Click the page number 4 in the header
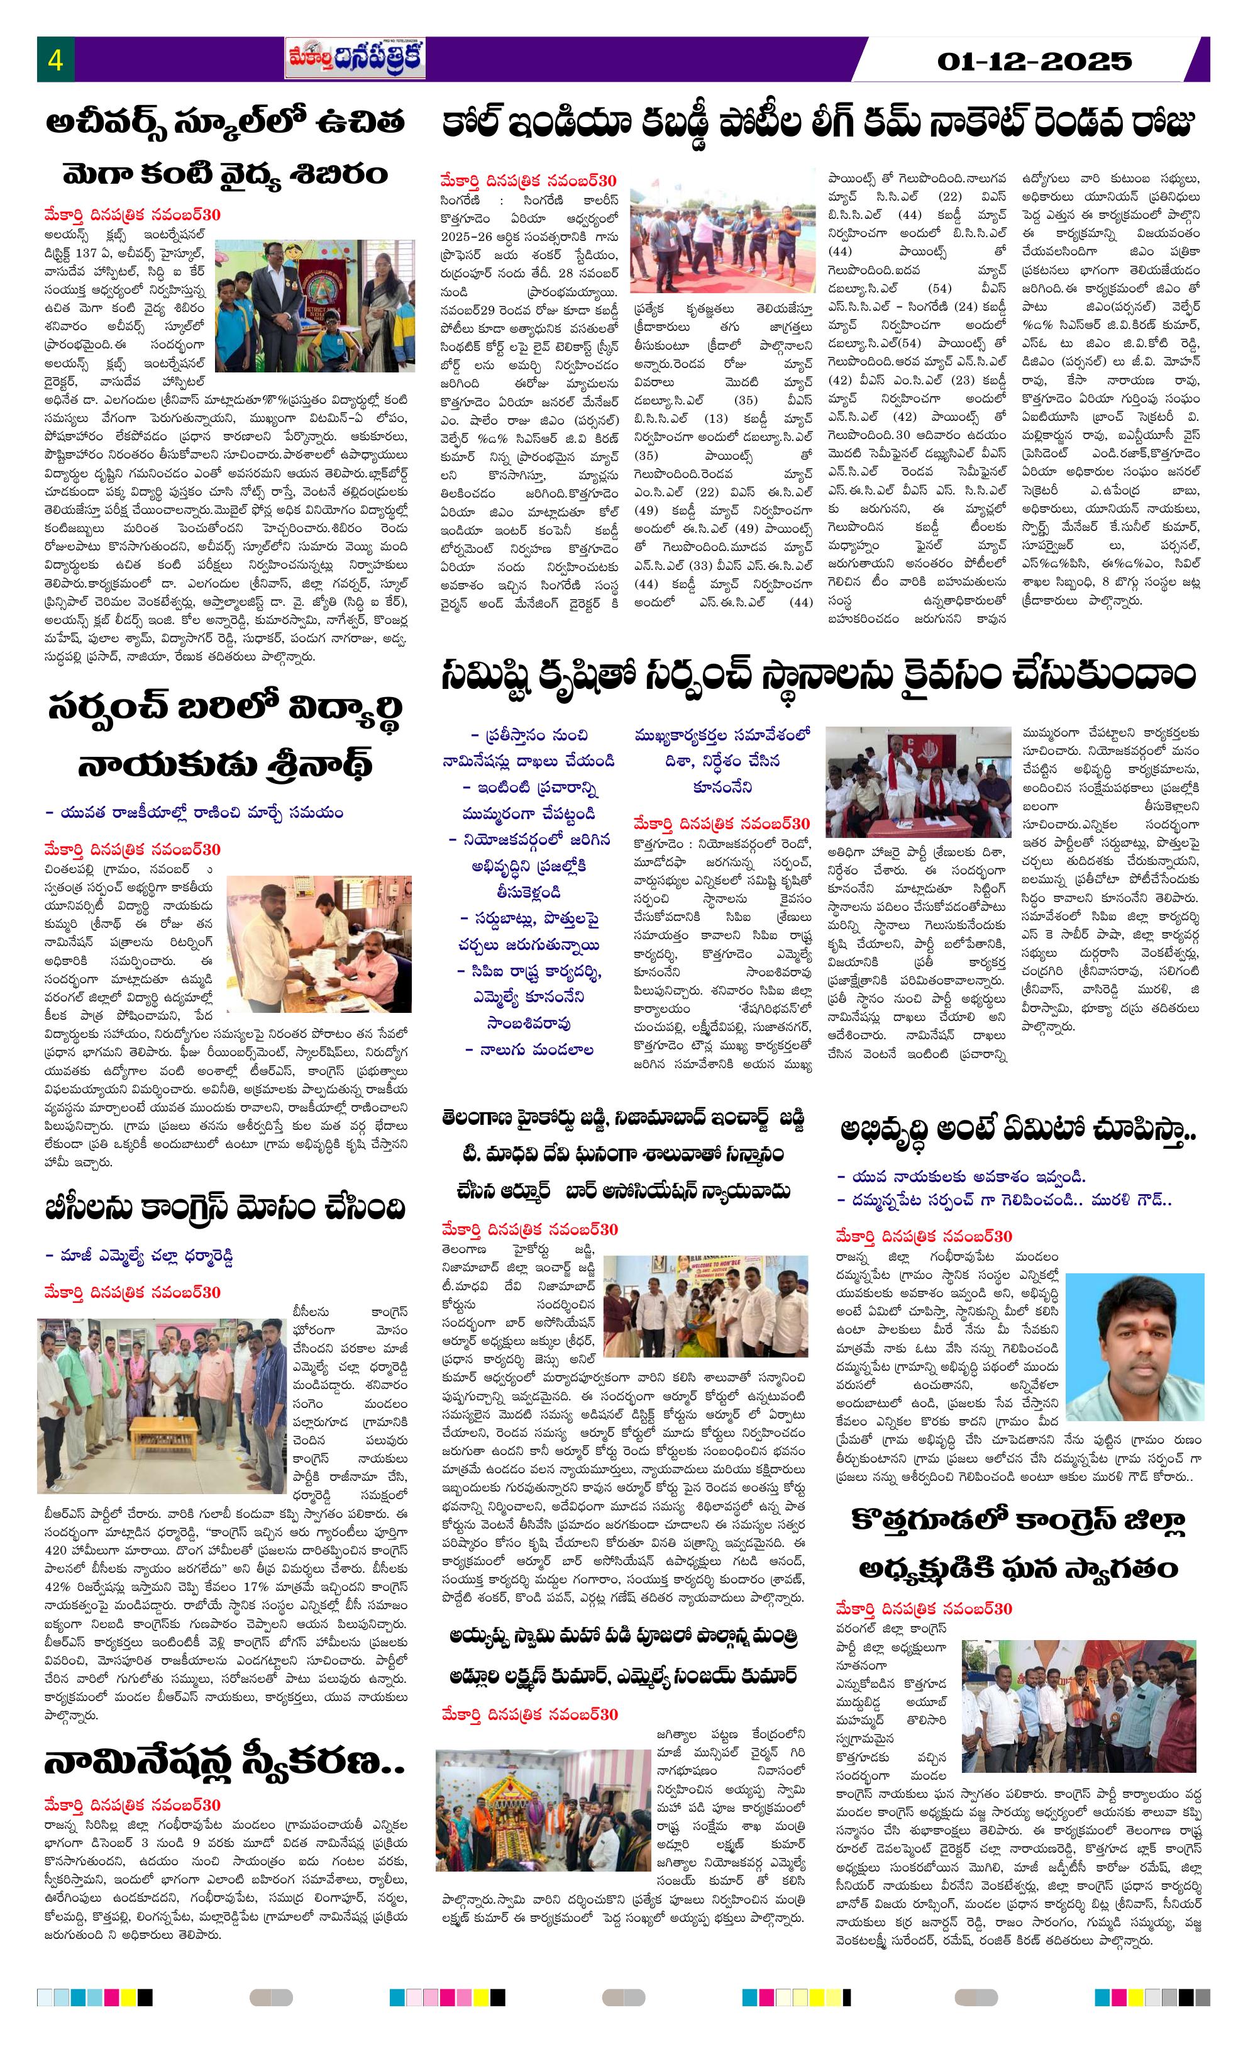click(55, 60)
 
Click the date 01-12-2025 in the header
click(1034, 60)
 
